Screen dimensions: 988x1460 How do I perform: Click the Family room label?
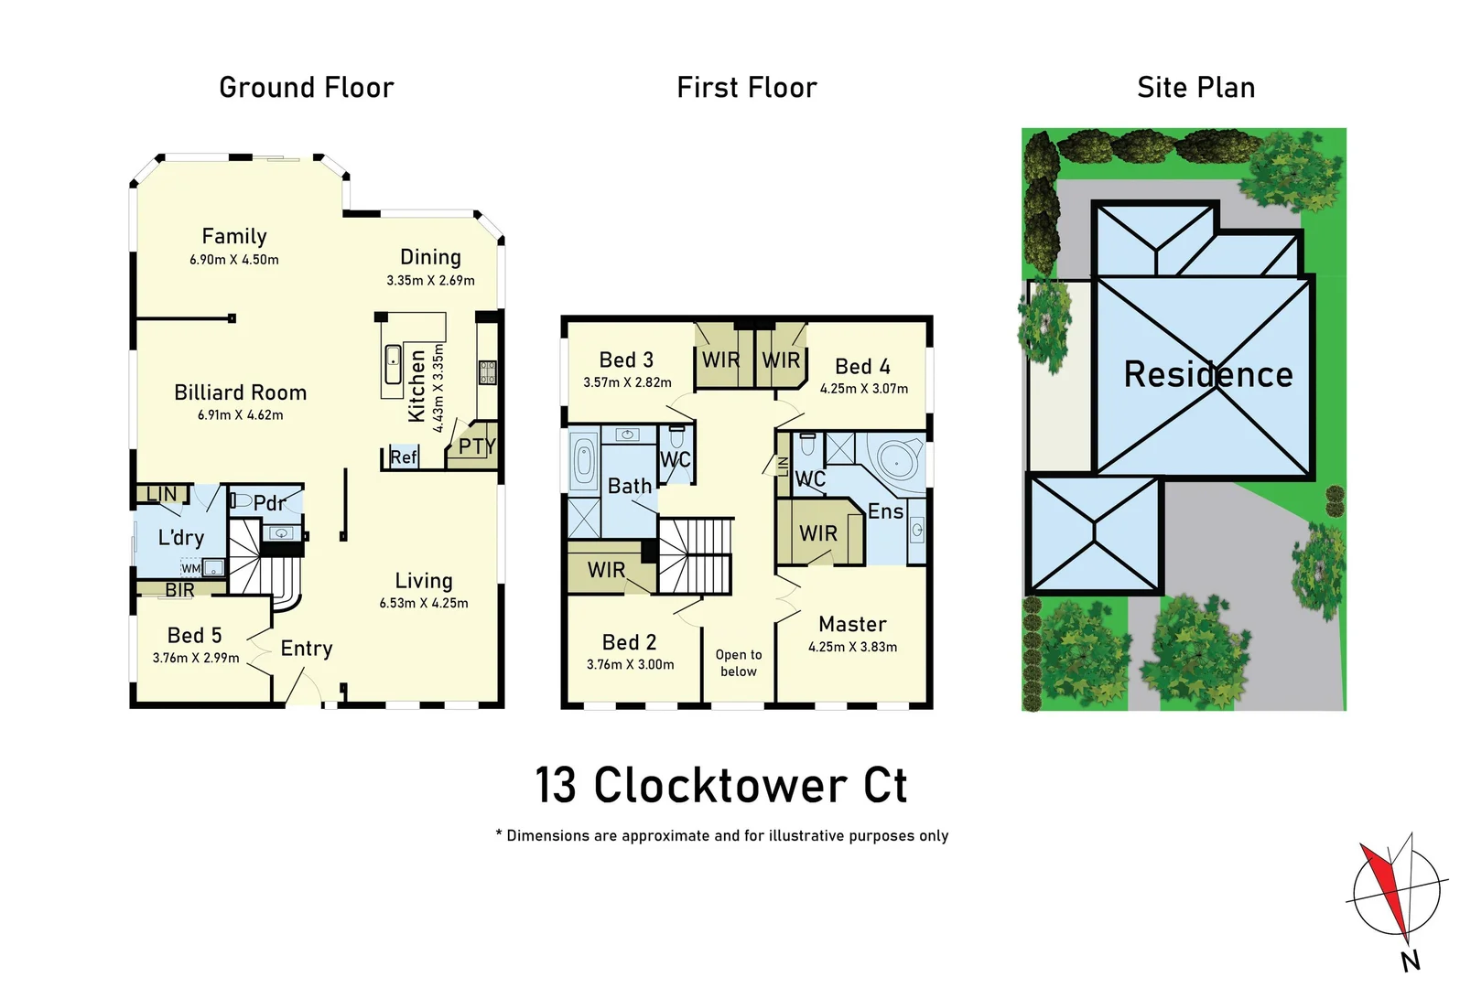234,236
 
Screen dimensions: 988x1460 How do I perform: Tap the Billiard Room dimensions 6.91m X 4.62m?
240,415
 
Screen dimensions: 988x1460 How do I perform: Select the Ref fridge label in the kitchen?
403,456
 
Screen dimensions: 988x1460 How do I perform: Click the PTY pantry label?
477,446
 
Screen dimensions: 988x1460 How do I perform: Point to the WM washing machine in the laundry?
191,568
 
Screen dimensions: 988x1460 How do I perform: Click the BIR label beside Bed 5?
179,590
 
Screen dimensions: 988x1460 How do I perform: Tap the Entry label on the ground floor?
306,649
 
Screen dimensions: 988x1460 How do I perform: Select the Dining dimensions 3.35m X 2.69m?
430,281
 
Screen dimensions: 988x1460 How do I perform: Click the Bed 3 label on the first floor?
626,360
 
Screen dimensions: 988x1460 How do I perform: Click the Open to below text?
738,663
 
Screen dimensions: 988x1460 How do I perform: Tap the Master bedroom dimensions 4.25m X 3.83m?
852,647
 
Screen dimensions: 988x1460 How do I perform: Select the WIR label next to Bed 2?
606,570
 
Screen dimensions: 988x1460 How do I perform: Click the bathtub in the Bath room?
583,461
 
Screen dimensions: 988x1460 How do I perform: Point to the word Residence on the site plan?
1207,374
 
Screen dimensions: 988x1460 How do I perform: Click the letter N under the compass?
1410,961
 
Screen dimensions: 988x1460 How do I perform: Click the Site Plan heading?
1195,88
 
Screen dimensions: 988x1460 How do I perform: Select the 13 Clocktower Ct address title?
720,786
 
